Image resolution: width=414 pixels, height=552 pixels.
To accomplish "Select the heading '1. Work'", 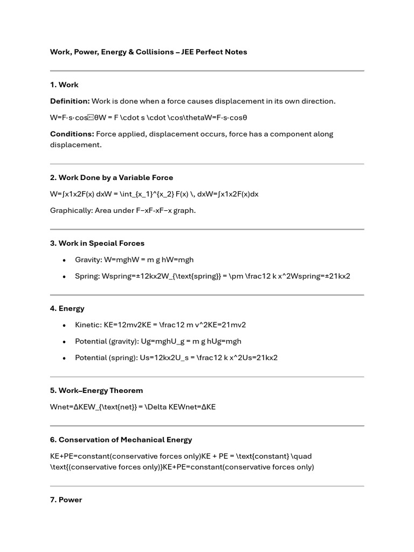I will pyautogui.click(x=64, y=85).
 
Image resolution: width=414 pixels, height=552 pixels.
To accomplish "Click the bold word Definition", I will pyautogui.click(x=70, y=101).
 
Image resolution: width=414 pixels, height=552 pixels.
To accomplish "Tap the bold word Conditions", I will pyautogui.click(x=72, y=134).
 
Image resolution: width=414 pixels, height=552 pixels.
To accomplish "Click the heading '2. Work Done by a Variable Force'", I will pyautogui.click(x=112, y=178).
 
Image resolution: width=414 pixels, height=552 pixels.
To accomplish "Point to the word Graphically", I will pyautogui.click(x=71, y=211).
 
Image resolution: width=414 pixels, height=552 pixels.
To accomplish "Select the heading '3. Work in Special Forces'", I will pyautogui.click(x=97, y=244).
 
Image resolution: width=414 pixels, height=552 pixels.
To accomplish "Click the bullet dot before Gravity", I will pyautogui.click(x=64, y=260).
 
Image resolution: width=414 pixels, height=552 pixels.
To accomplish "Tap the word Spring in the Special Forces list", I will pyautogui.click(x=86, y=277).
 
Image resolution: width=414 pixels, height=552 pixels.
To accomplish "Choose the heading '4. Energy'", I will pyautogui.click(x=67, y=309).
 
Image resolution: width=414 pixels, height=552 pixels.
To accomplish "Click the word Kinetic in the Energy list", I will pyautogui.click(x=87, y=325).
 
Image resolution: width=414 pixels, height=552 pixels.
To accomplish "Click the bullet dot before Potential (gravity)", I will pyautogui.click(x=64, y=342).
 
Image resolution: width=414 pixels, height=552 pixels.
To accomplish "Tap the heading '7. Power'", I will pyautogui.click(x=66, y=500).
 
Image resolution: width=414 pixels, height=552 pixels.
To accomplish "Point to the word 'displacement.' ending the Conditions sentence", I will pyautogui.click(x=75, y=145).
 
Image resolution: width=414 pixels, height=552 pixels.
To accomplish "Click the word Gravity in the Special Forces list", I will pyautogui.click(x=88, y=260).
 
